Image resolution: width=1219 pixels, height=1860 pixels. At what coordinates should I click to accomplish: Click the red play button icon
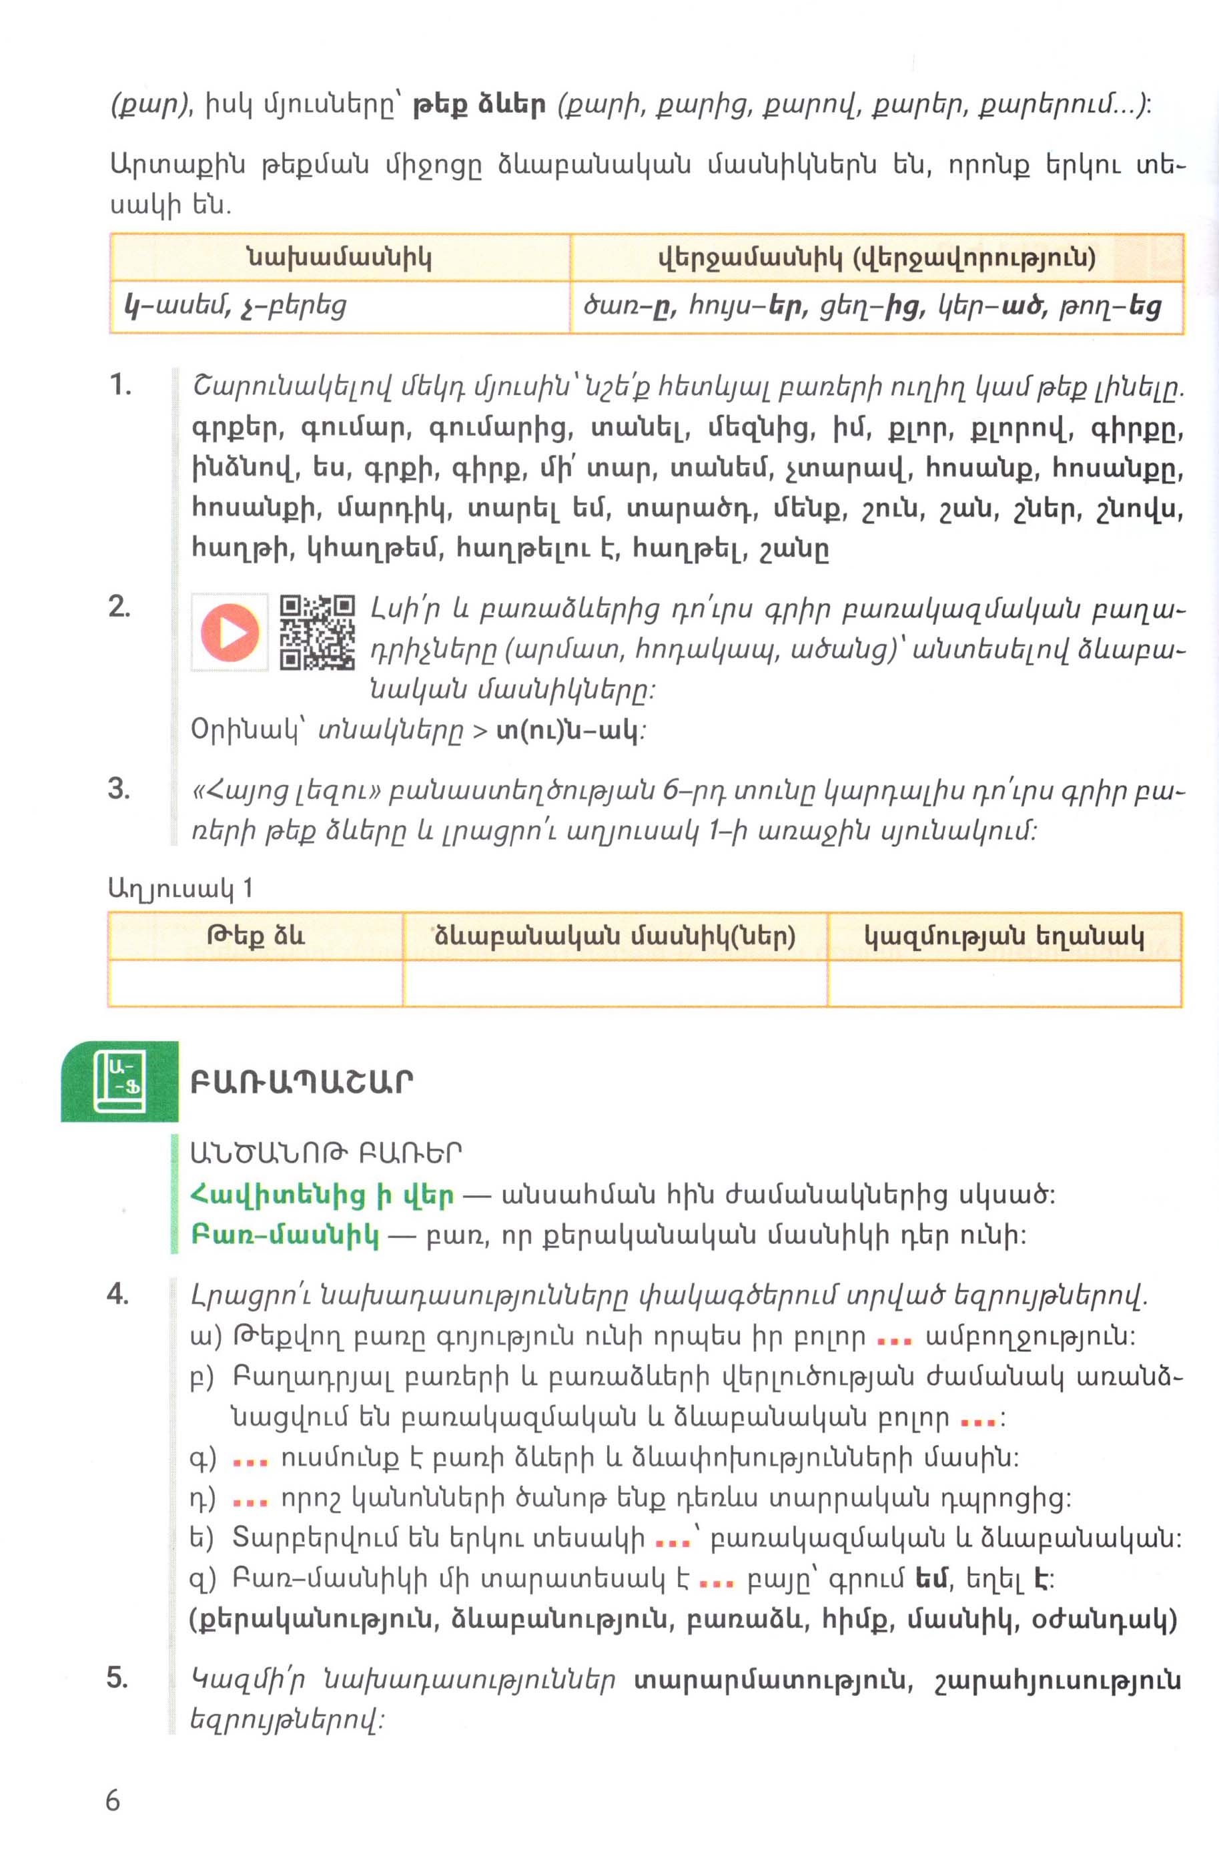click(x=229, y=631)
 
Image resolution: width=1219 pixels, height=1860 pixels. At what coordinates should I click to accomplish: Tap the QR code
click(x=317, y=631)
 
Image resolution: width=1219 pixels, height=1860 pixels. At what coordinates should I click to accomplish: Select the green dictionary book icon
click(x=119, y=1082)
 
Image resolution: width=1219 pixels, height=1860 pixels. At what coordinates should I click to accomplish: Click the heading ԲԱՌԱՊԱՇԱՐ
click(x=302, y=1082)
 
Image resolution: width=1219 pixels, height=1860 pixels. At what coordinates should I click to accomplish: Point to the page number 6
click(x=113, y=1801)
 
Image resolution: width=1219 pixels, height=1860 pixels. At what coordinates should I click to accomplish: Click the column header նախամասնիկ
click(x=339, y=257)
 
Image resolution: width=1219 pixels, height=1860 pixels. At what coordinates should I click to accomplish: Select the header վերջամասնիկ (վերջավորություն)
click(x=877, y=257)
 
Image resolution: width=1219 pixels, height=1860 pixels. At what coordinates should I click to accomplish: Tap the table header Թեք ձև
click(x=256, y=936)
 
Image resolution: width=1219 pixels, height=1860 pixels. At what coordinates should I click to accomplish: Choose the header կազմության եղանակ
click(x=1003, y=936)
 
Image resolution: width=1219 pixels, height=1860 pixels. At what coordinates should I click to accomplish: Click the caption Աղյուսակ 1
click(x=181, y=888)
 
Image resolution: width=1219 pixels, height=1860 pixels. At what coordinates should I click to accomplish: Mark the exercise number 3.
click(x=119, y=789)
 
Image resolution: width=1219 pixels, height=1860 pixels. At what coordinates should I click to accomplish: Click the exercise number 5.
click(x=117, y=1678)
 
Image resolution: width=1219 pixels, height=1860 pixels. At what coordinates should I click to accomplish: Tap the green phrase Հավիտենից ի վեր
click(x=321, y=1195)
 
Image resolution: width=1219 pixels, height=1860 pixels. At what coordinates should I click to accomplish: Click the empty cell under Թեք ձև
click(x=256, y=982)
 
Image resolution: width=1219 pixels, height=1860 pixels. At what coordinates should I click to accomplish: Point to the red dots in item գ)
click(x=251, y=1460)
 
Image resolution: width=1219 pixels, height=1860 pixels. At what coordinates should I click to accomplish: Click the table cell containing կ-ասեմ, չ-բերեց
click(x=339, y=306)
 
